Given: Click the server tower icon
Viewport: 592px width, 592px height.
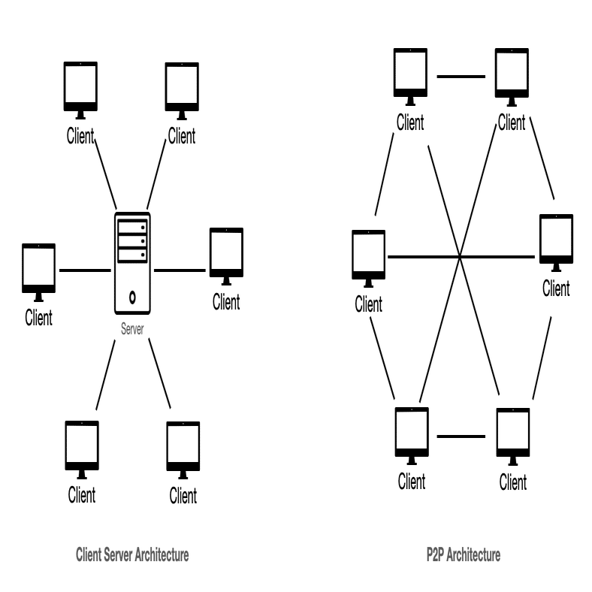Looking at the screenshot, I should coord(132,263).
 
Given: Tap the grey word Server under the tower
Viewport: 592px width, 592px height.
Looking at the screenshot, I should coord(132,329).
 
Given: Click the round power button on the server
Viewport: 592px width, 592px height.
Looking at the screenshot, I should coord(132,294).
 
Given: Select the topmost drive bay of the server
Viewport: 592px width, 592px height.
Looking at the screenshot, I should coord(132,227).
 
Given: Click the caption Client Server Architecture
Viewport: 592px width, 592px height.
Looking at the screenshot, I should coord(132,555).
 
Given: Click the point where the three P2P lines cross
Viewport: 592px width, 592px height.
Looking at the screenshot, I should coord(460,258).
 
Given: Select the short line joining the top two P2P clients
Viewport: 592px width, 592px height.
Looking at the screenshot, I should coord(461,76).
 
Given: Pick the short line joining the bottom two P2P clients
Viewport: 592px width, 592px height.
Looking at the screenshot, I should coord(461,436).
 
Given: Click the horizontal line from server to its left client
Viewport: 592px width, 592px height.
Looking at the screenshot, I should coord(84,269).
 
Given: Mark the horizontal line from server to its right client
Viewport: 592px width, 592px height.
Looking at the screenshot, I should coord(179,269).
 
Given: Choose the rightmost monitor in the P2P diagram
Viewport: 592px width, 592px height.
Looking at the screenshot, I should coord(556,240).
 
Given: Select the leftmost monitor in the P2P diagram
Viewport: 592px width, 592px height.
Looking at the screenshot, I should coord(368,255).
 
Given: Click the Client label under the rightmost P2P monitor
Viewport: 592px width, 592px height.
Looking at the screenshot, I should coord(556,288).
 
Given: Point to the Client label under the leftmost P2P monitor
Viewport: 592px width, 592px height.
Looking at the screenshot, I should coord(368,304).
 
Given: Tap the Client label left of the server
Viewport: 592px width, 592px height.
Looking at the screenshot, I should coord(38,317).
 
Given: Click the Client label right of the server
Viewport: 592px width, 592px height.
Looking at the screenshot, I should coord(226,302).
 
